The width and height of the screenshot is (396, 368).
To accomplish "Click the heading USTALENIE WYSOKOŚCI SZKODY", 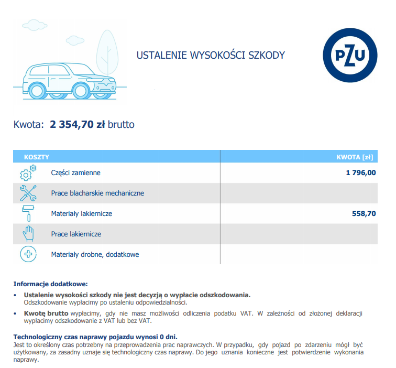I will point(211,55).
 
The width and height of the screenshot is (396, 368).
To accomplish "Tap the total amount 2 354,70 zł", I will point(78,124).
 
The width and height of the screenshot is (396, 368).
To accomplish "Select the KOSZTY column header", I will point(37,157).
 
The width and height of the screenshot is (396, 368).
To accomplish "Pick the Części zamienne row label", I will point(75,172).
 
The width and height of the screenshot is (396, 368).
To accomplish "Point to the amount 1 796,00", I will point(360,172).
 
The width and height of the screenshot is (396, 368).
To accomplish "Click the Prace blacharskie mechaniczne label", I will point(97,193).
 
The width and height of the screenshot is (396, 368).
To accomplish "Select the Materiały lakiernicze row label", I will point(81,213).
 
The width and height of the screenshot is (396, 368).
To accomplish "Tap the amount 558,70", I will point(364,213).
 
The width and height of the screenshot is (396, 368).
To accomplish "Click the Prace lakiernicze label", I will point(76,234).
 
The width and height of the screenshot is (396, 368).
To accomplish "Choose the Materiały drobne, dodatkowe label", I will point(95,254).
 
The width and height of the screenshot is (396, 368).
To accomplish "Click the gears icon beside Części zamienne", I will point(28,173).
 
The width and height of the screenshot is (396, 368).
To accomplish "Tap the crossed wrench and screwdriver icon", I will point(28,193).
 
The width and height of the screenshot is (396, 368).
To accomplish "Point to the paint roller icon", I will point(28,213).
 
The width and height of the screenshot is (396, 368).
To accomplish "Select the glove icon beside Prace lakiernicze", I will point(28,234).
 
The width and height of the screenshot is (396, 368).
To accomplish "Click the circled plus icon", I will point(28,254).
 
